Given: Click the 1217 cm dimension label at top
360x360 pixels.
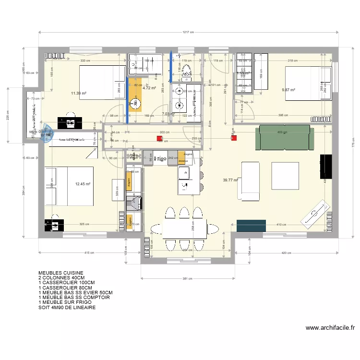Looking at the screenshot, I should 188,33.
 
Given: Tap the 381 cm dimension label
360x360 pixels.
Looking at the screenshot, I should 188,278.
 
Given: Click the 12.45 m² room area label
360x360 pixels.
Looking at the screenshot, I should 83,183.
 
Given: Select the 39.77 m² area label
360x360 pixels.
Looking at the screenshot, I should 231,180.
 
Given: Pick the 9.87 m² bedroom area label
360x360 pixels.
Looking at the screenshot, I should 288,90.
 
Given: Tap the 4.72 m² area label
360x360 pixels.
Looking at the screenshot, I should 150,88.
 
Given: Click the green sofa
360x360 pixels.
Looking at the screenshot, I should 284,136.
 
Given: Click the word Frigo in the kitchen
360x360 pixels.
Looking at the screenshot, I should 160,158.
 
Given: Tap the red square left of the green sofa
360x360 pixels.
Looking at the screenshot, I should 234,138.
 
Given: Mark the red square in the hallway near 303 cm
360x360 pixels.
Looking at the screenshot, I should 159,139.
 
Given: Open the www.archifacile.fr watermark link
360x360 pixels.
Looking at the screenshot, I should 330,328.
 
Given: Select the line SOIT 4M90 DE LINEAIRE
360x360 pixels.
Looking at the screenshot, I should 67,308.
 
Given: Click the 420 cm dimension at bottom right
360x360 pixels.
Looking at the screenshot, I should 286,253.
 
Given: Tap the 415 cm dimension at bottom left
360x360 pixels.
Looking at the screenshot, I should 89,253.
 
